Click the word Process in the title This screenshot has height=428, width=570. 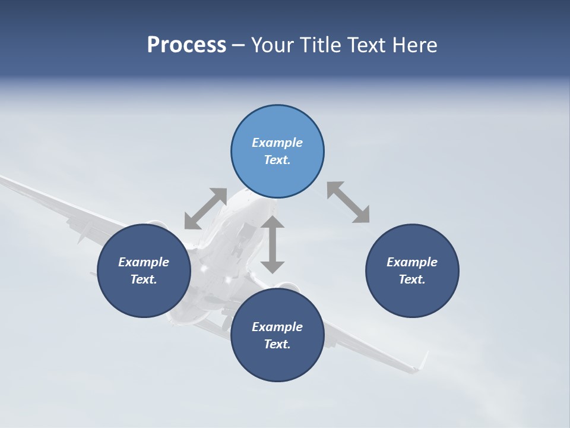click(x=186, y=45)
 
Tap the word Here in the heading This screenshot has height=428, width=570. click(x=414, y=45)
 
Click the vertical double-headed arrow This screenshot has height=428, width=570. click(x=273, y=244)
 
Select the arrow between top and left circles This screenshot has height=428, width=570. click(x=205, y=209)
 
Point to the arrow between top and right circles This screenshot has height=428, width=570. click(x=348, y=202)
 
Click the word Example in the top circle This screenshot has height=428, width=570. click(x=277, y=143)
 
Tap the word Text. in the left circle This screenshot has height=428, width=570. click(x=144, y=279)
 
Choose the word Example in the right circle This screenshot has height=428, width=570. click(x=412, y=262)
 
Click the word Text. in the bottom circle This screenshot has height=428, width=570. click(x=277, y=344)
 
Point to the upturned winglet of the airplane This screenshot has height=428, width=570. click(x=423, y=360)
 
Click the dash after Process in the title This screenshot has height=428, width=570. click(x=238, y=45)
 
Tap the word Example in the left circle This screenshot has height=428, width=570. click(x=144, y=262)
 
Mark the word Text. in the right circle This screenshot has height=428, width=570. click(x=412, y=279)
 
